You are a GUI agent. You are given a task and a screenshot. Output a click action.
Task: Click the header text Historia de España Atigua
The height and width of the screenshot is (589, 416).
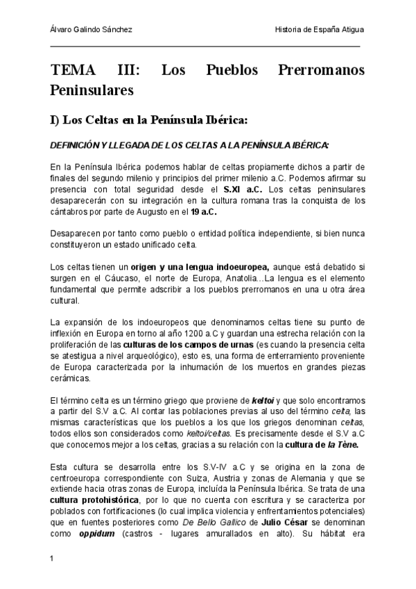coord(319,30)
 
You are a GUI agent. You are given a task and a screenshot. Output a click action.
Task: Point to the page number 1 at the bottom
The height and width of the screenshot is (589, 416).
coord(52,558)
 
